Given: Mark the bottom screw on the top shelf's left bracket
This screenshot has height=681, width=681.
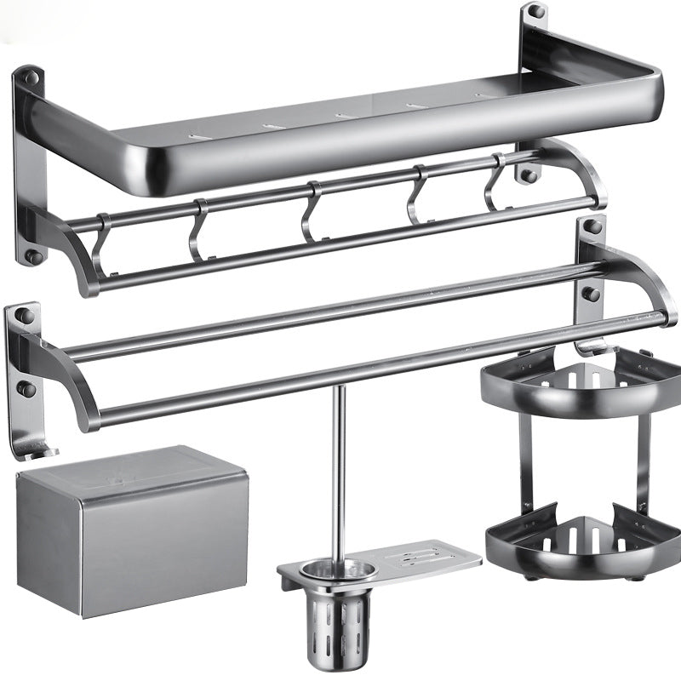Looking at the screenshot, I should point(31,255).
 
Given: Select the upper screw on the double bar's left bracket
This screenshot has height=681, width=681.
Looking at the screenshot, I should point(25,316).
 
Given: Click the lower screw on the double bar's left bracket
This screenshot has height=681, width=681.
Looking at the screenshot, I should point(25,389).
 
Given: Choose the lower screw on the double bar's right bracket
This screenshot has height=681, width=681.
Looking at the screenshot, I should point(590,294).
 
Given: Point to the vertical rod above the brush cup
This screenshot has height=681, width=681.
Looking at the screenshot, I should point(338,468).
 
